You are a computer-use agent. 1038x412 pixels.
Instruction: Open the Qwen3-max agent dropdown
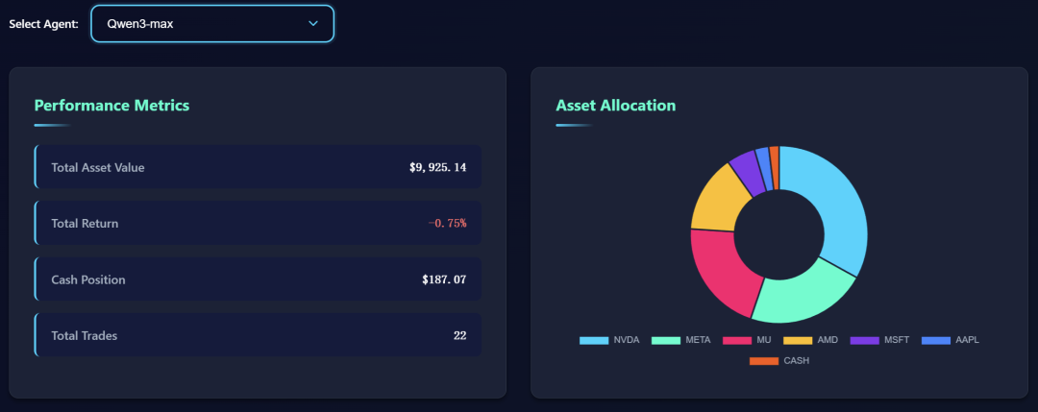tap(211, 23)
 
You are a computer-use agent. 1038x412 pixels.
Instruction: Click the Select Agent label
tap(43, 23)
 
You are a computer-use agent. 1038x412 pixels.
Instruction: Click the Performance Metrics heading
tap(111, 106)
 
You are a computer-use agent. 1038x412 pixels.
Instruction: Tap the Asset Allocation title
tap(615, 106)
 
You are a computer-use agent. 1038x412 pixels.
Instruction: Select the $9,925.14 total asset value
tap(437, 167)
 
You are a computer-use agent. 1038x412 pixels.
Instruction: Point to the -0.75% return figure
tap(447, 224)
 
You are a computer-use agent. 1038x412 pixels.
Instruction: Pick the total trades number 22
tap(459, 335)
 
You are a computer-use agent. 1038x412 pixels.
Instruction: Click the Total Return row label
tap(85, 224)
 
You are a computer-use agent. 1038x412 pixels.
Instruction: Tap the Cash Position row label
tap(88, 279)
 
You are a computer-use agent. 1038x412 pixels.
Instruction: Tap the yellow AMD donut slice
tap(715, 197)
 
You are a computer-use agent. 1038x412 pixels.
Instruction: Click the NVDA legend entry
tap(609, 340)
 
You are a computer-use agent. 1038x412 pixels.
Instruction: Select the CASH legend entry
tap(779, 361)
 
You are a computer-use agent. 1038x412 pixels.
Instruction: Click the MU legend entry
tap(750, 340)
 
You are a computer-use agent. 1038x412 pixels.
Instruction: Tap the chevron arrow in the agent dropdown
tap(313, 23)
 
